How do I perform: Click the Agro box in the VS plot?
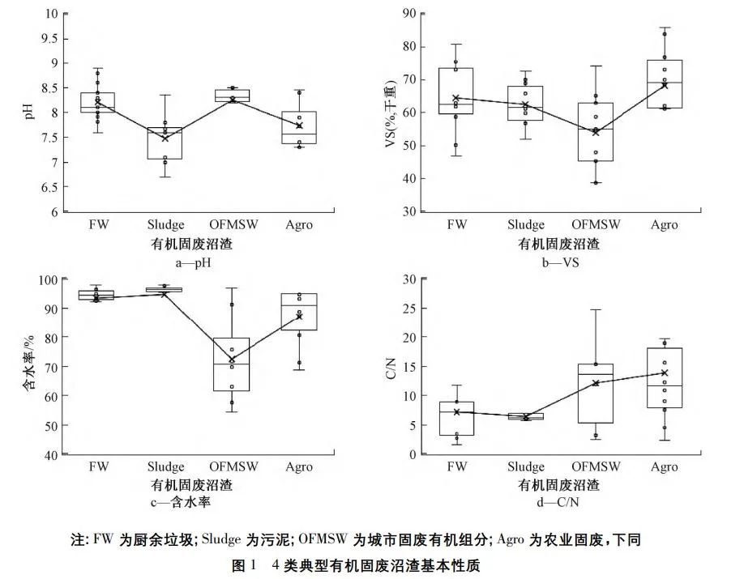point(665,84)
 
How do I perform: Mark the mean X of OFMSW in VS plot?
point(596,132)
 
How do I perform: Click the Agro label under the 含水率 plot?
point(299,466)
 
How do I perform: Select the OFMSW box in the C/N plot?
point(596,394)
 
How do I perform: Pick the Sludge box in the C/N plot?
point(526,416)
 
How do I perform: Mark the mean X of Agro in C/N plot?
point(665,373)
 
